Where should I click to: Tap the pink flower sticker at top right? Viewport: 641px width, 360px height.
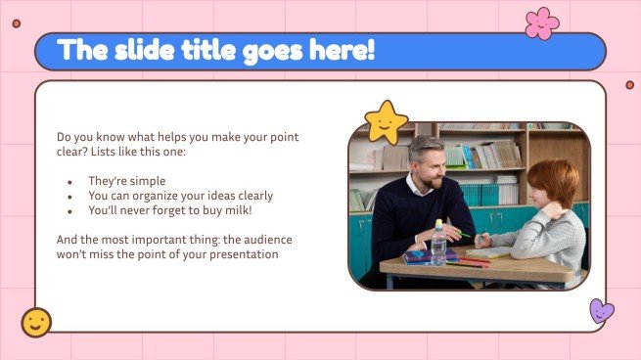(541, 22)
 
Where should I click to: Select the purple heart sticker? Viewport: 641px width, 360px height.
(601, 311)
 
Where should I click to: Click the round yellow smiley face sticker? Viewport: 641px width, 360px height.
(36, 322)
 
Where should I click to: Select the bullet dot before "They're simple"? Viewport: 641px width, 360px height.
(69, 182)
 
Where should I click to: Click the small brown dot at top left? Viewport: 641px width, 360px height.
(16, 22)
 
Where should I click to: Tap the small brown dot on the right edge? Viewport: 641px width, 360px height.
(630, 85)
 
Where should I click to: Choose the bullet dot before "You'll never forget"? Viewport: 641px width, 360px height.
(69, 210)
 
